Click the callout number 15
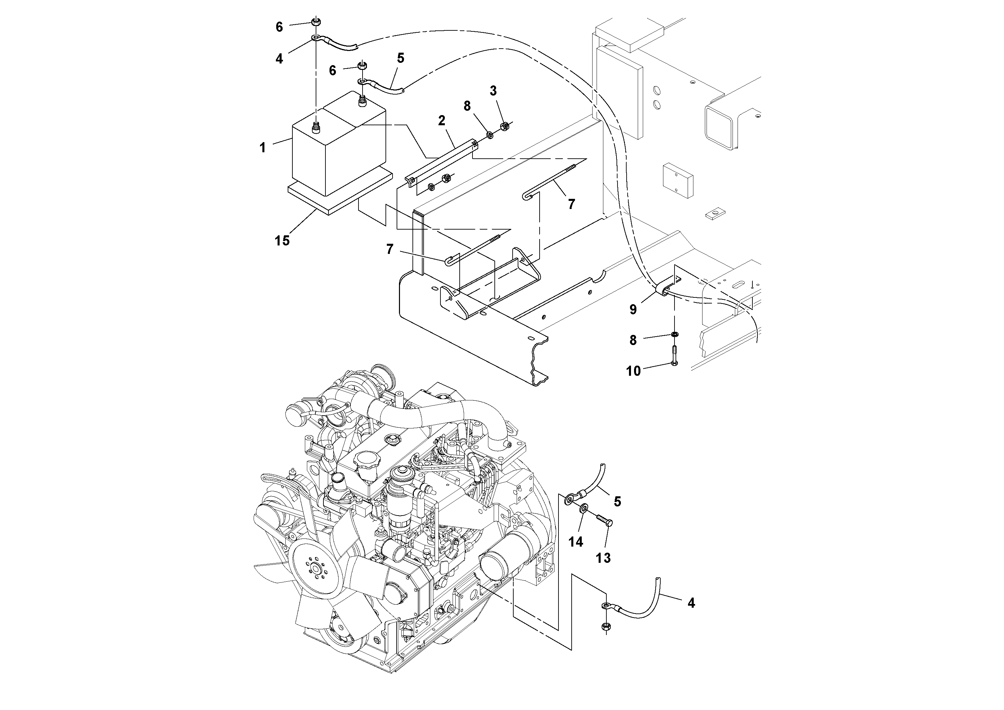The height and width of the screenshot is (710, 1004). [282, 240]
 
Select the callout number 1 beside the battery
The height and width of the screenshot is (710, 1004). [262, 148]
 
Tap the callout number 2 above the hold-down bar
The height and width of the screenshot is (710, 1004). [442, 121]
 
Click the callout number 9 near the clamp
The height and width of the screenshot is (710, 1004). [633, 310]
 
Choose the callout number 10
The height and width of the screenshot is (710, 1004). [633, 371]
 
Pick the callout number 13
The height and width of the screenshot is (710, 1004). [603, 558]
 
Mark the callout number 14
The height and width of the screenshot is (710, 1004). [575, 542]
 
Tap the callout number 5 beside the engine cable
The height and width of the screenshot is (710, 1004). [617, 502]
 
